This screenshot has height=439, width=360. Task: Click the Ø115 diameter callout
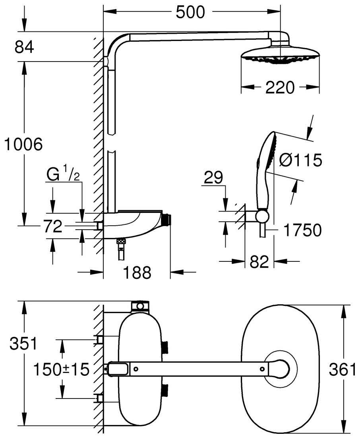coord(300,161)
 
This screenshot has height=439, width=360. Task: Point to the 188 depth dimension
coord(136,273)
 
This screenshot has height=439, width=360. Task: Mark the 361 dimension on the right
coord(342,370)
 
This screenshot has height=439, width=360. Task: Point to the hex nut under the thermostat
coord(121,241)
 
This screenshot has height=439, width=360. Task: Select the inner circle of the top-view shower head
coord(281,369)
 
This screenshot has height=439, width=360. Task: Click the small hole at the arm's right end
coord(262,369)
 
